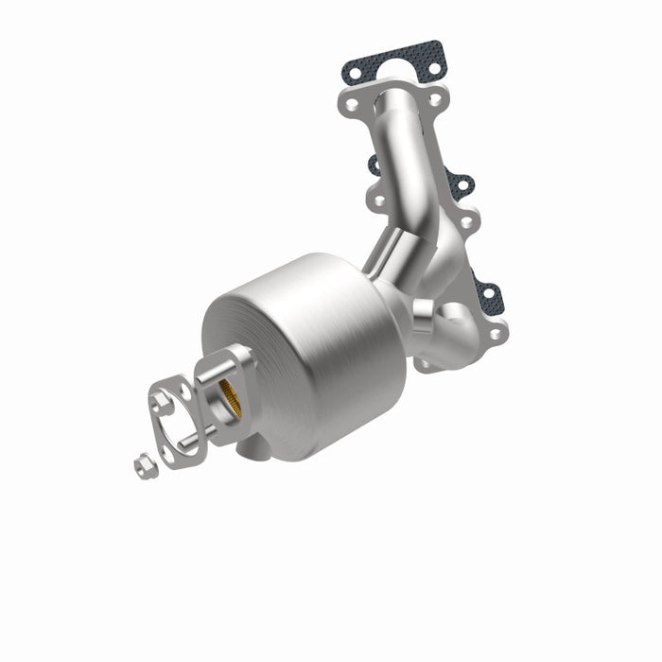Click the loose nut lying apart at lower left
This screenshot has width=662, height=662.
tap(144, 464)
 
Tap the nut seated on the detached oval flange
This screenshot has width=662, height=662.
tap(162, 401)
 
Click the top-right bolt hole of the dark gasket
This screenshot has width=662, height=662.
tap(434, 66)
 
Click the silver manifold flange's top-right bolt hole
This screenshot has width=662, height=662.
tap(434, 98)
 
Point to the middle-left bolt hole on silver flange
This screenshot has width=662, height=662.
tap(378, 200)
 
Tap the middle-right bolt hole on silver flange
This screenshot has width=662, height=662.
tap(465, 219)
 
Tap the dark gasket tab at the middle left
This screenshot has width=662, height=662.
tap(373, 165)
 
